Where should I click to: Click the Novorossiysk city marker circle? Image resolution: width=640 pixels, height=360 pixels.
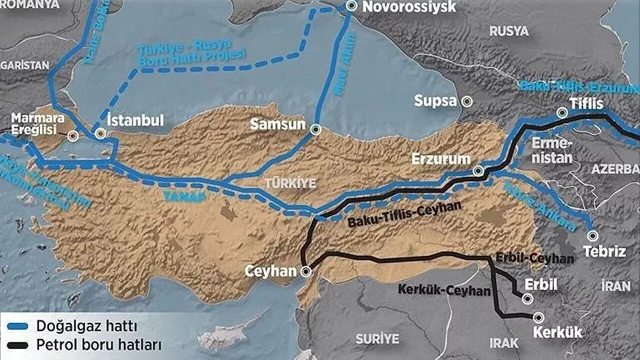(352, 6)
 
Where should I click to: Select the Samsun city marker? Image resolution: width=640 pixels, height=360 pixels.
(315, 130)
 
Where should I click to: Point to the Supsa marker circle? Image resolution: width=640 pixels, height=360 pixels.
(466, 101)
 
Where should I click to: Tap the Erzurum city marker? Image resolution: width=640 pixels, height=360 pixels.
(478, 171)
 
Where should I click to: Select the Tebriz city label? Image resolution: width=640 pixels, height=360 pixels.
(604, 251)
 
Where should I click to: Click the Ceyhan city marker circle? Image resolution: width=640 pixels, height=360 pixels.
(305, 271)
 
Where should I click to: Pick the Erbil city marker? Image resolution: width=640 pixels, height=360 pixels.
(527, 298)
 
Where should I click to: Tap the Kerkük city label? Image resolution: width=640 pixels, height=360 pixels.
(557, 332)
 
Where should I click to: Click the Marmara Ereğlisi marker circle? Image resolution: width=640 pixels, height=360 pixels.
(73, 136)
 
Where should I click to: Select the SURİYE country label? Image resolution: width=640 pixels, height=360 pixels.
(377, 339)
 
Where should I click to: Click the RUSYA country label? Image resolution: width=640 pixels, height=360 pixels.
(508, 31)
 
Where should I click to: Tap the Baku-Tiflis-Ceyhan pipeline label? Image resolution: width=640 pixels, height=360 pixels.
(404, 214)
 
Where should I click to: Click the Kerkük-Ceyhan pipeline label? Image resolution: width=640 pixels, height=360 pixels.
(444, 289)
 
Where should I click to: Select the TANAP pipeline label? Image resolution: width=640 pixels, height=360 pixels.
(184, 196)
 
